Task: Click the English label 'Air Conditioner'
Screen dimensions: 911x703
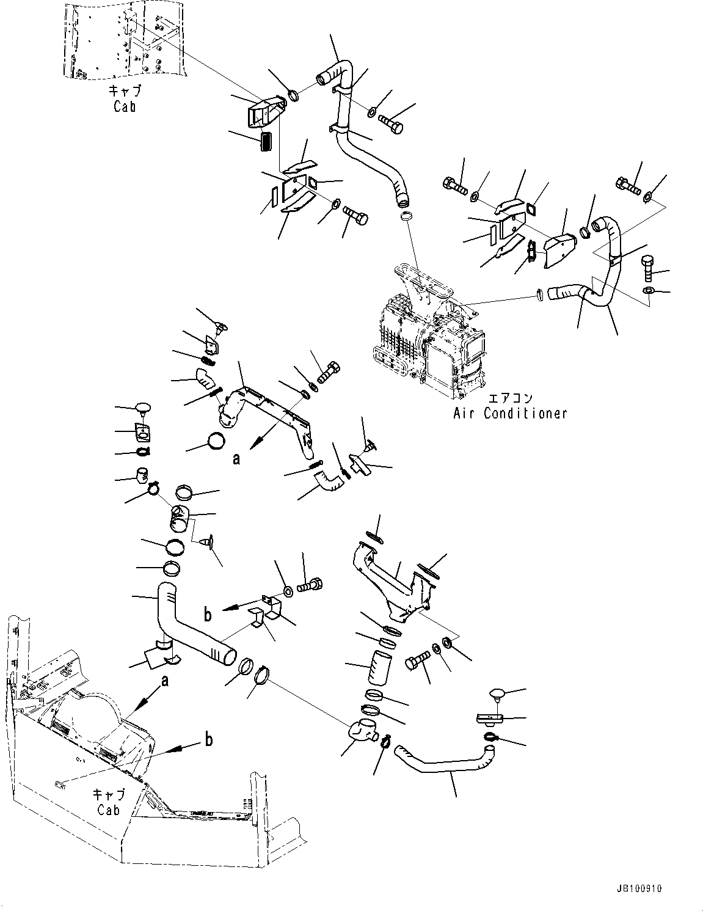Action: [x=510, y=413]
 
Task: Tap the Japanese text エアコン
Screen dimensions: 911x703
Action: [x=511, y=397]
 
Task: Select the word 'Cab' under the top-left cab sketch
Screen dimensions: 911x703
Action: [x=125, y=106]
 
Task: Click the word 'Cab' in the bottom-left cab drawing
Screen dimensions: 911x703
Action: [x=108, y=810]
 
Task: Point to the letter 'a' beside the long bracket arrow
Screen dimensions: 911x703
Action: [x=236, y=458]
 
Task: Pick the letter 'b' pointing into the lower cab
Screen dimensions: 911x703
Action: [x=208, y=740]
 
